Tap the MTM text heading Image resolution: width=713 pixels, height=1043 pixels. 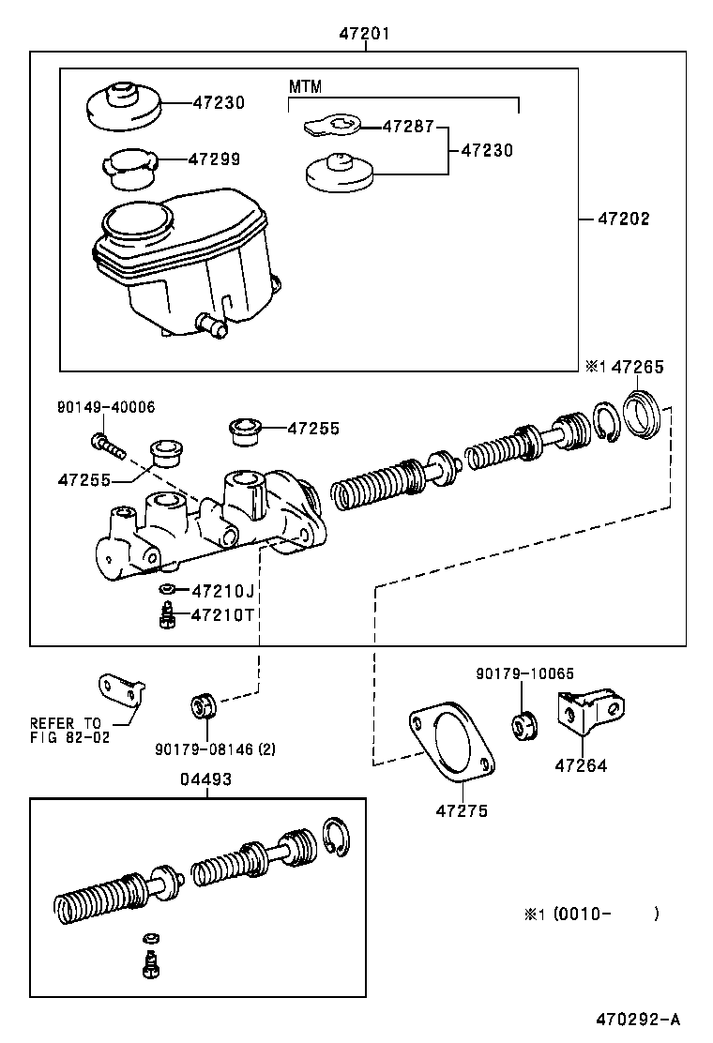tap(305, 86)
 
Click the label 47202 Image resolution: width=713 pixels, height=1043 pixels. tap(623, 219)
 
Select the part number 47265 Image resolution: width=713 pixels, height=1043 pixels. tap(637, 368)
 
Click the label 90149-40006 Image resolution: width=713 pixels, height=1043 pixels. tap(105, 407)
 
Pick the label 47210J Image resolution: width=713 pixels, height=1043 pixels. tap(222, 590)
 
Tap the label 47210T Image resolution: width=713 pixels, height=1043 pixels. tap(222, 614)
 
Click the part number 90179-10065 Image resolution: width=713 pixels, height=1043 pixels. tap(524, 673)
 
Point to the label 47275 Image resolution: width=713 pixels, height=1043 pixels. tap(462, 810)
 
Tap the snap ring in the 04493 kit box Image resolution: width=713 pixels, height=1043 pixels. tap(335, 837)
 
